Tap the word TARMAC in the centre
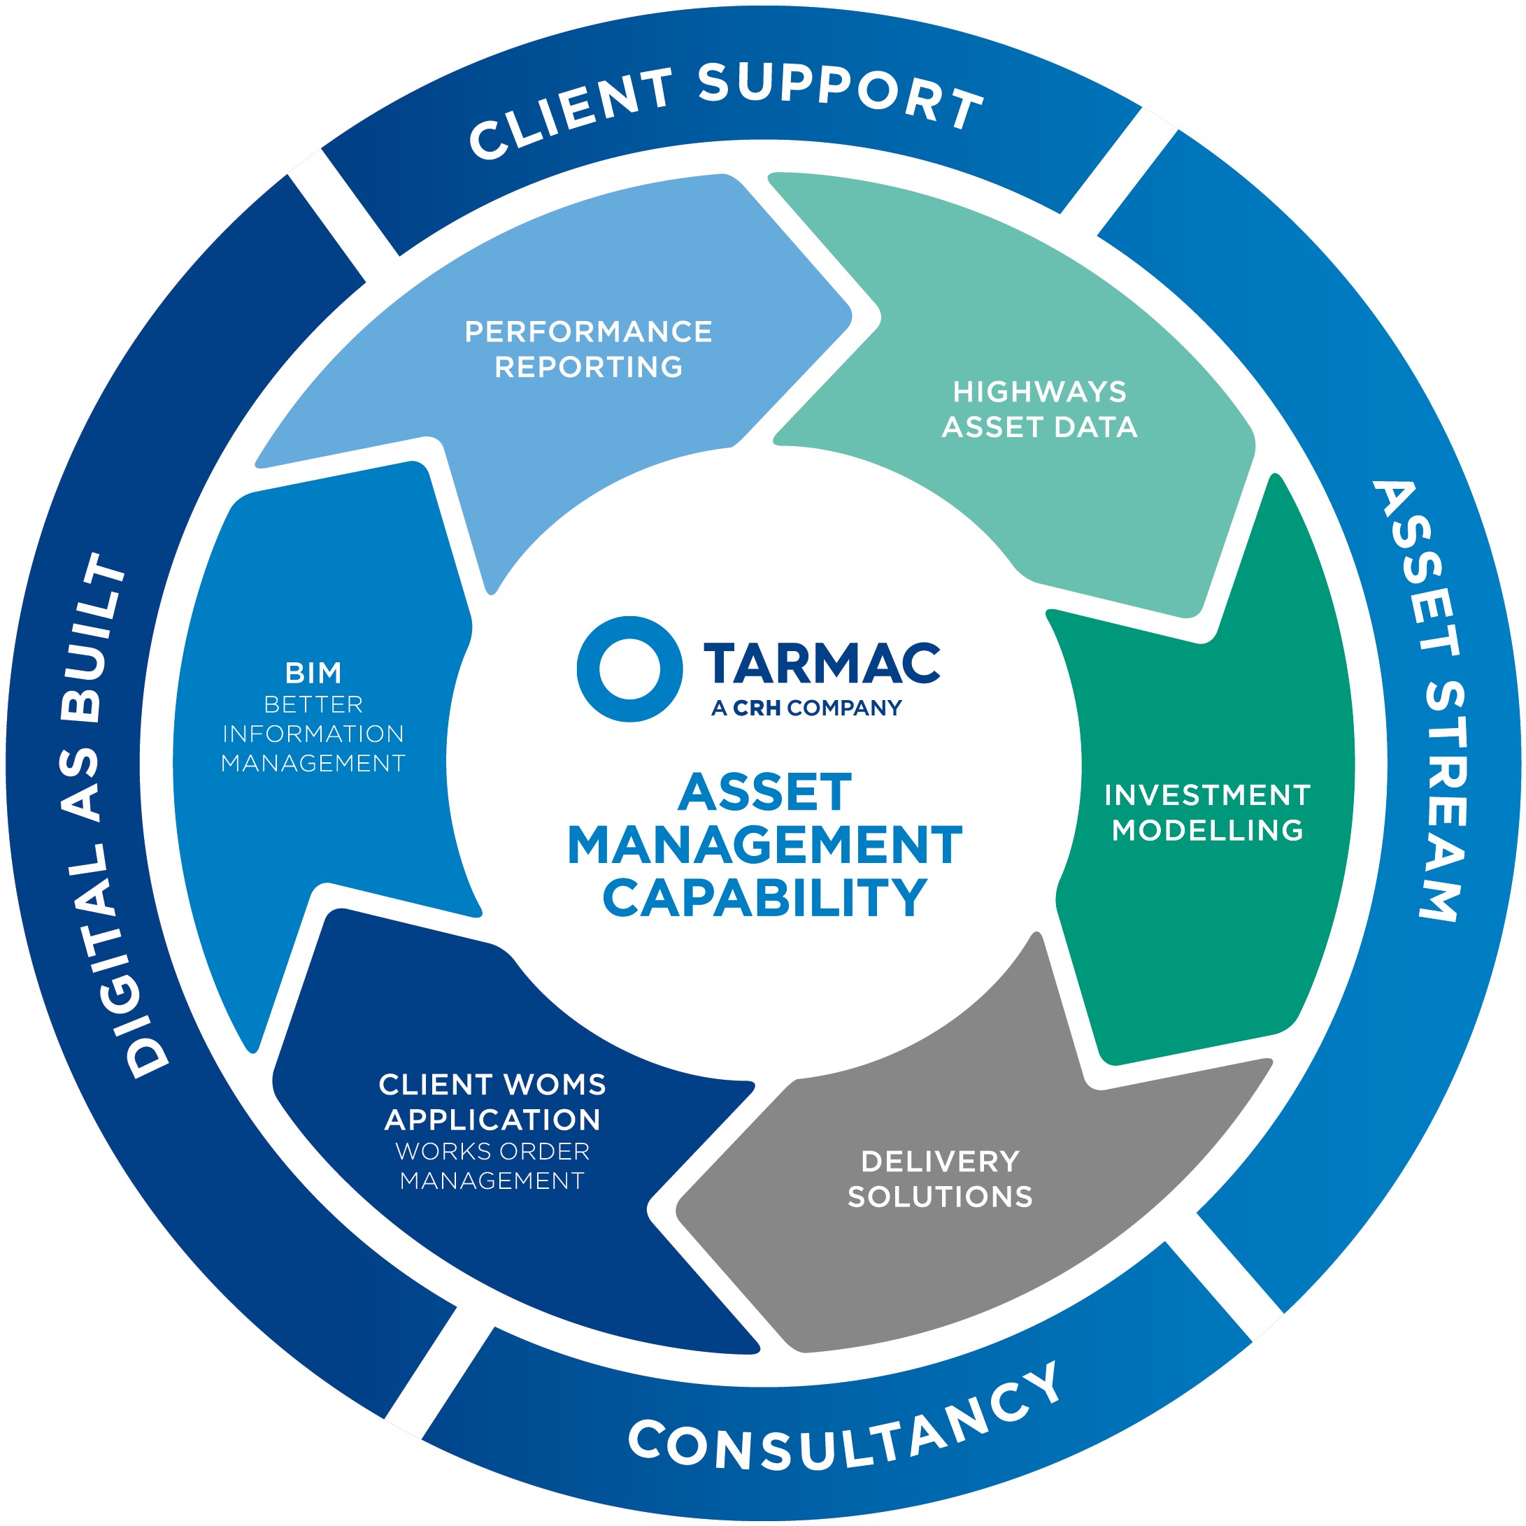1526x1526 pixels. (822, 664)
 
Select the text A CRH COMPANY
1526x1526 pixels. (806, 708)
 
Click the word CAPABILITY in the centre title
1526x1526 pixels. (764, 898)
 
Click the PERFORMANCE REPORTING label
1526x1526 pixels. (588, 349)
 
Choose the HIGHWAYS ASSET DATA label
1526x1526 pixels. (1039, 409)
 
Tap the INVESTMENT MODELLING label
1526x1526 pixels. (1207, 812)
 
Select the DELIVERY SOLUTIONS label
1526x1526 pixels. (940, 1178)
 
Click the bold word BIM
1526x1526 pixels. (313, 673)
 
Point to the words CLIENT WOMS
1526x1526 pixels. (492, 1085)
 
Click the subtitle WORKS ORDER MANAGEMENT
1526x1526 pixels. (492, 1166)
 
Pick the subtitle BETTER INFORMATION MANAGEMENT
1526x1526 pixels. (313, 734)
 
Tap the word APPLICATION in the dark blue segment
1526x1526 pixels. (492, 1120)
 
